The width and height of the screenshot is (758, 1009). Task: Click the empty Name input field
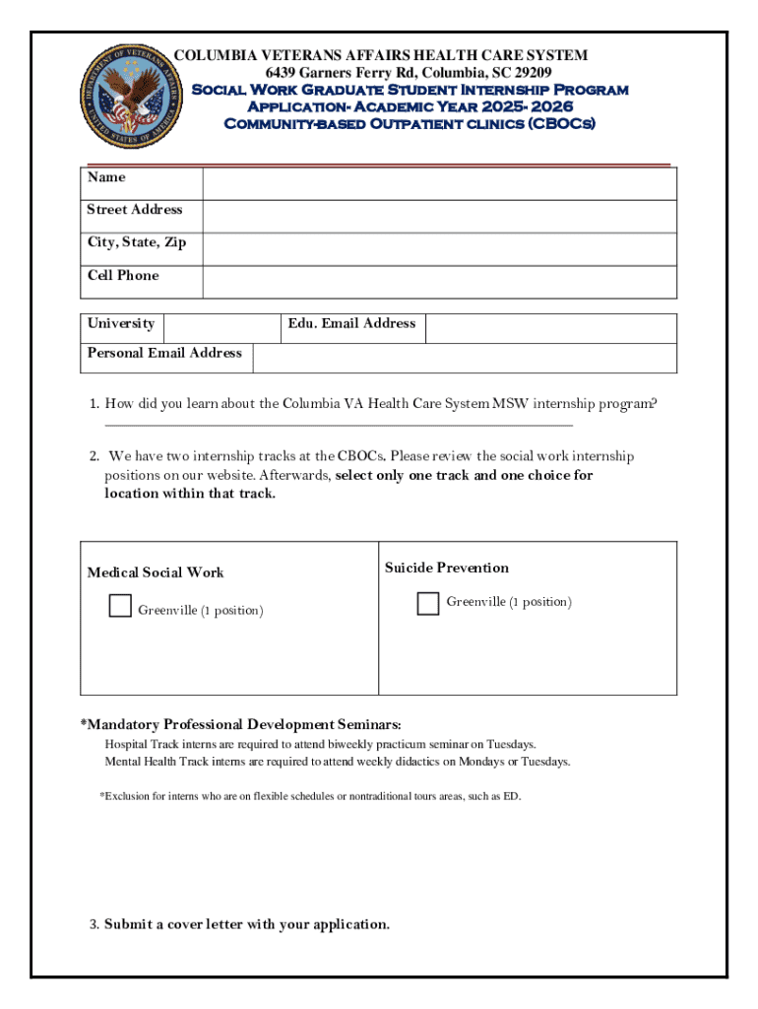pos(439,184)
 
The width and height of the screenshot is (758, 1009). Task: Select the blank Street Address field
pos(439,217)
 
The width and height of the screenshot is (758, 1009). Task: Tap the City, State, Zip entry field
pos(439,249)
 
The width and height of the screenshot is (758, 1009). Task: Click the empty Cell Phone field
pos(439,282)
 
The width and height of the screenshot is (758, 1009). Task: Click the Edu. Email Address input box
pos(550,328)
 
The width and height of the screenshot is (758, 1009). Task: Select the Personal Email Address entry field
pos(464,359)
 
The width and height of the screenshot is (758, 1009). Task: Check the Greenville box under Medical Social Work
pos(120,606)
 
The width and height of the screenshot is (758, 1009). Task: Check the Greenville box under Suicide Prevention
pos(428,603)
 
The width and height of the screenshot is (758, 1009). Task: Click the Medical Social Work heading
pos(156,572)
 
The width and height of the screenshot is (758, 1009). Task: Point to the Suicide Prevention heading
pos(447,568)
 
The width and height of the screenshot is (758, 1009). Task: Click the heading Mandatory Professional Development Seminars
pos(241,724)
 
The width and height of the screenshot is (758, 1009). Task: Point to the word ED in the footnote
pos(511,796)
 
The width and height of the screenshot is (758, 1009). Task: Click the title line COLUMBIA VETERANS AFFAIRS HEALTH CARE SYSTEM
pos(381,55)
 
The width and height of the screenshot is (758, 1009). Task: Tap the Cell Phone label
pos(123,275)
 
